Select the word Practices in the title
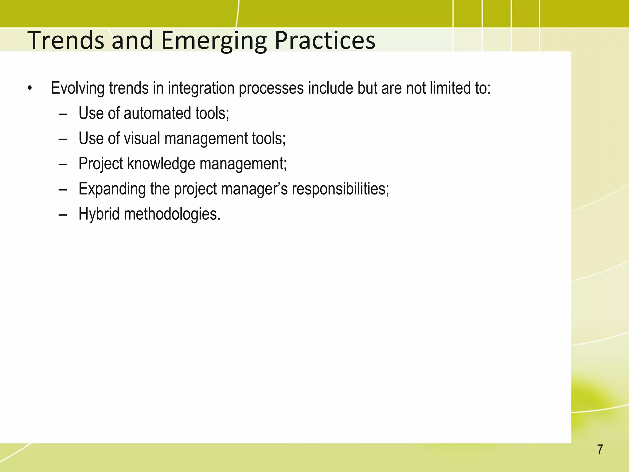pos(325,40)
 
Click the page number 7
pos(600,450)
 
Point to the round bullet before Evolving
pos(29,88)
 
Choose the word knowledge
pos(161,163)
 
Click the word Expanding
pos(112,189)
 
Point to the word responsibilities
pos(340,189)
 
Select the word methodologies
pos(172,214)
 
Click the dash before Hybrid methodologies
pos(62,214)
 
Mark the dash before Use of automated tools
pos(62,114)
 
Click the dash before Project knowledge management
pos(62,164)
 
